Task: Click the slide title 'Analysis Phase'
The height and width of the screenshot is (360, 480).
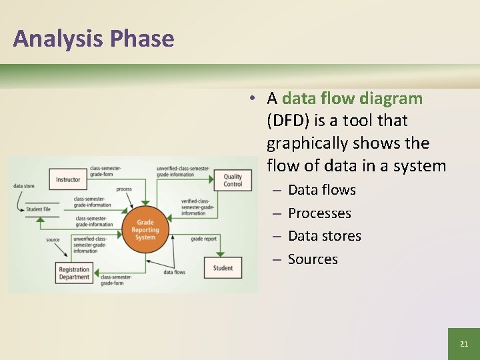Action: tap(93, 39)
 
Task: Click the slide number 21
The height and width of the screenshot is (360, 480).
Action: tap(464, 344)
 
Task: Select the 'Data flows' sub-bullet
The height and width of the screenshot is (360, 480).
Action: tap(321, 190)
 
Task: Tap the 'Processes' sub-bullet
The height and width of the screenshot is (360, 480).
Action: tap(319, 213)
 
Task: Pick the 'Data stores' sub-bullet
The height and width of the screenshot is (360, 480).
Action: tap(324, 236)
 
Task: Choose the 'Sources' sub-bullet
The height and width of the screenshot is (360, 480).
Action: tap(313, 259)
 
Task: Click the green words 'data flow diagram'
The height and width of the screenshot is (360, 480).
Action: tap(352, 99)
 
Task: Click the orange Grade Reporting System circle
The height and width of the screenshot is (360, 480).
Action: tap(145, 230)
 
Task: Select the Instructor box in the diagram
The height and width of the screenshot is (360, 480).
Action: tap(68, 179)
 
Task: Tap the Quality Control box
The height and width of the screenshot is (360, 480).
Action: tap(233, 180)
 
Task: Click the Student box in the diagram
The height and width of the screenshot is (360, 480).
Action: tap(223, 268)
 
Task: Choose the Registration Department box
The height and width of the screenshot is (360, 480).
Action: tap(73, 273)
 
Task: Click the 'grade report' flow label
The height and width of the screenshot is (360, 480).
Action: tap(203, 239)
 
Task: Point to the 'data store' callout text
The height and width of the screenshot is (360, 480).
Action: tap(24, 186)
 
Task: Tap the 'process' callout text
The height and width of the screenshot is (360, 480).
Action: tap(124, 189)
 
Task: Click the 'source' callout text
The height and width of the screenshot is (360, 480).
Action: tap(53, 240)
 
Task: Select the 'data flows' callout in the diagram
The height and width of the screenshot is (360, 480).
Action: tap(174, 272)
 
